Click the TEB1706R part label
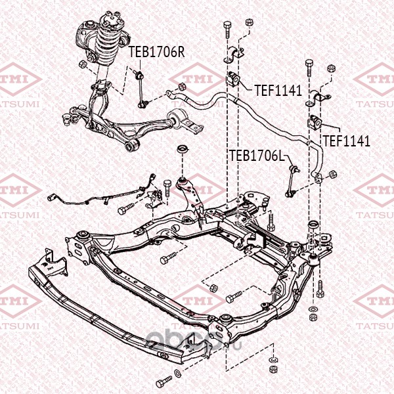(x=156, y=52)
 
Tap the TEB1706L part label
(x=257, y=155)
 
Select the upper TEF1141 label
(x=278, y=90)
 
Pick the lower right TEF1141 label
(x=347, y=141)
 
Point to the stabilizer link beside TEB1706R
(x=141, y=89)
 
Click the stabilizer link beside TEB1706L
(x=292, y=181)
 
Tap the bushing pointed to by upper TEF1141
(x=234, y=79)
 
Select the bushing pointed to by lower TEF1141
(x=315, y=122)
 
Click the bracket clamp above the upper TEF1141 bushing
(x=234, y=55)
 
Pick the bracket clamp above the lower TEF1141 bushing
(x=318, y=98)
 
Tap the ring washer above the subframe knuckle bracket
(x=183, y=149)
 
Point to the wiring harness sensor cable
(x=100, y=196)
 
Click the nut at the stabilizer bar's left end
(x=182, y=87)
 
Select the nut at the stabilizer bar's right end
(x=333, y=174)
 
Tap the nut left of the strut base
(x=83, y=64)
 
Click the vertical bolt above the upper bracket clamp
(x=227, y=29)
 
